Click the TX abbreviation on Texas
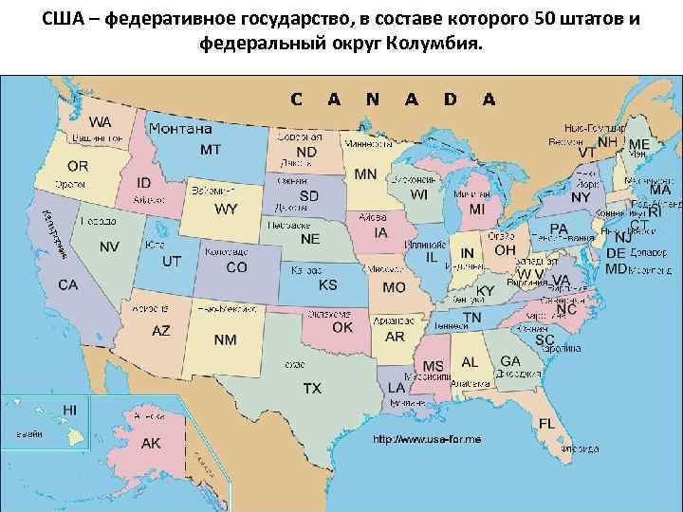[x=312, y=388]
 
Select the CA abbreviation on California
[x=67, y=284]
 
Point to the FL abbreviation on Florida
[x=547, y=423]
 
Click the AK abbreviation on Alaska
[x=151, y=443]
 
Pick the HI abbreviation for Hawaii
[x=69, y=409]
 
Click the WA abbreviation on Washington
[x=100, y=122]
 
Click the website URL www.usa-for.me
[x=427, y=440]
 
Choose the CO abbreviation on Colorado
[x=236, y=268]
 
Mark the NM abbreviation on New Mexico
[x=226, y=339]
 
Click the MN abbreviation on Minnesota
[x=365, y=174]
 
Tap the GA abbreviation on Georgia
[x=510, y=361]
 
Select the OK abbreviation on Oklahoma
[x=342, y=327]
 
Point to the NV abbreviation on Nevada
[x=109, y=247]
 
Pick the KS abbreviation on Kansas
[x=327, y=284]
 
